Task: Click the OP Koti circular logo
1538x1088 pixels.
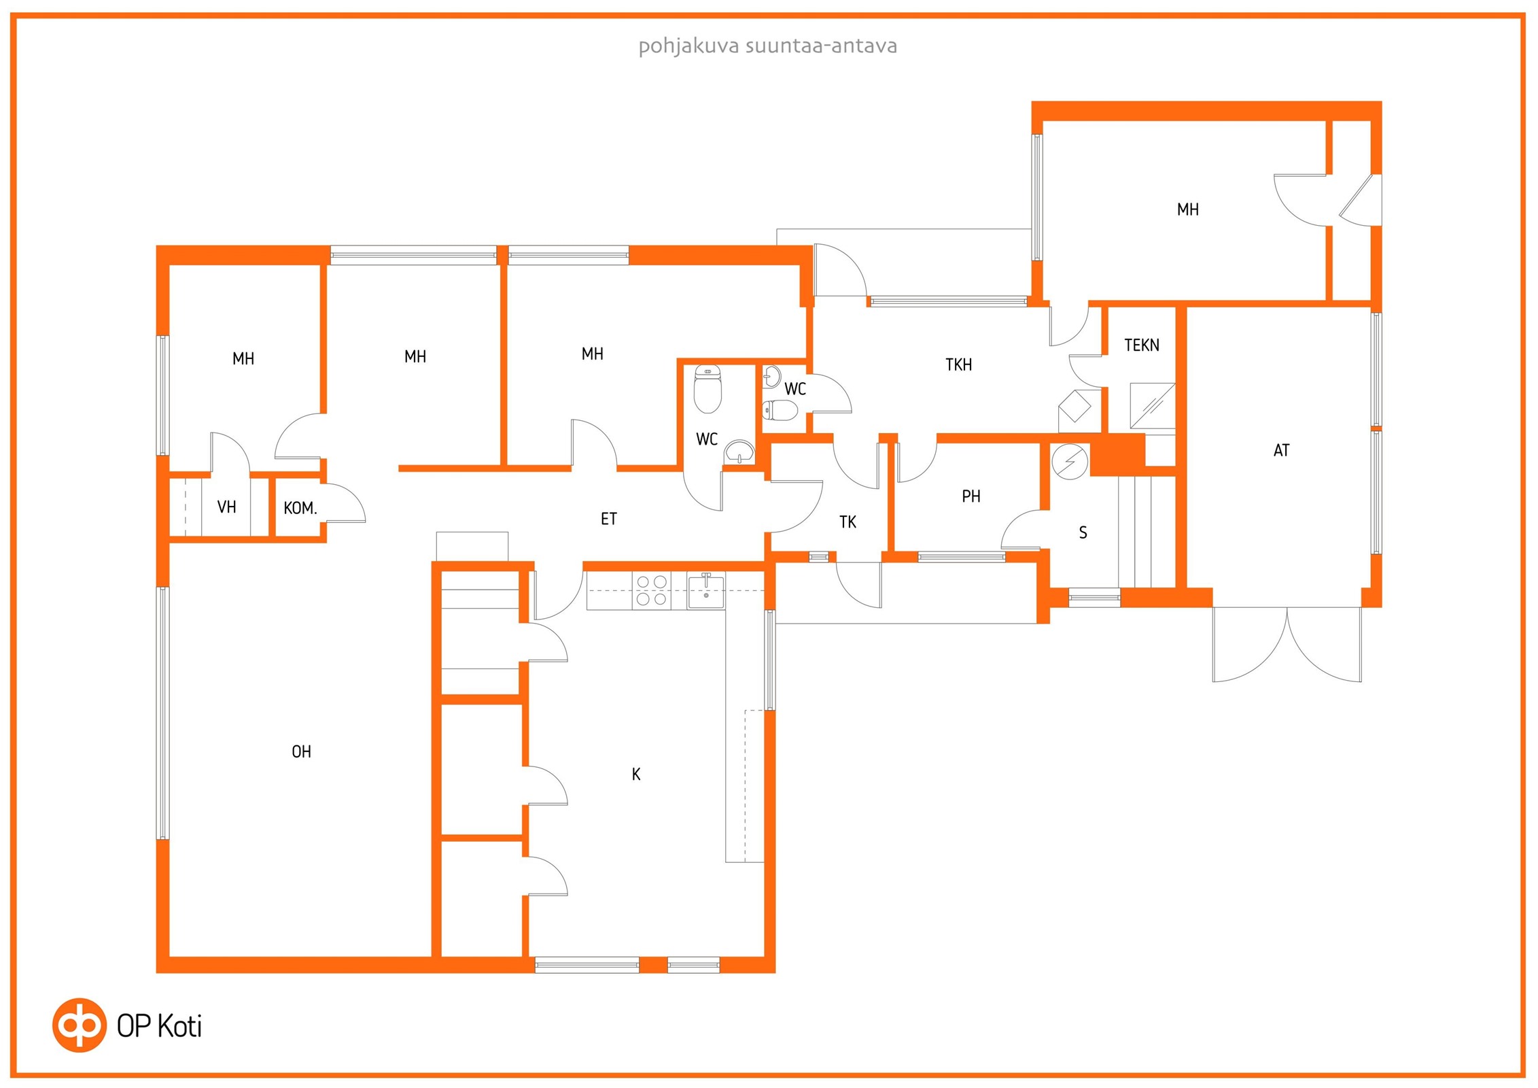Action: coord(80,1025)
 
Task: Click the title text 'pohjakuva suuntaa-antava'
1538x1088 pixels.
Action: coord(767,46)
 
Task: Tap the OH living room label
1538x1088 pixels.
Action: coord(301,751)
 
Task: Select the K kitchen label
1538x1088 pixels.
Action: coord(636,774)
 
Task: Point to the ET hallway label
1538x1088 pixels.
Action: coord(609,519)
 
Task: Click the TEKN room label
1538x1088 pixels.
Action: coord(1142,345)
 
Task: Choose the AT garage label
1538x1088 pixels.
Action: coord(1281,450)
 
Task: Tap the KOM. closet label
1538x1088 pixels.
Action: coord(300,508)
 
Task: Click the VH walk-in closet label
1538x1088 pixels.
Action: coord(226,507)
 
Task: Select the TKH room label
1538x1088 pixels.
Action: coord(958,364)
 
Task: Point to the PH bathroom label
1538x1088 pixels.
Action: coord(971,496)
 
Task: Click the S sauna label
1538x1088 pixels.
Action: coord(1083,532)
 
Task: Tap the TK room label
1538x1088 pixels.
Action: coord(847,522)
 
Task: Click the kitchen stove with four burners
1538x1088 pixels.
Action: coord(651,590)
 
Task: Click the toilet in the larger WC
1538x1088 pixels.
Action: coord(707,390)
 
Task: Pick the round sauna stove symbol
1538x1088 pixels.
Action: coord(1070,461)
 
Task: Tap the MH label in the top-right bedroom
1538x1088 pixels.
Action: coord(1188,209)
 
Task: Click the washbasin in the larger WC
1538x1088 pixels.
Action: coord(739,452)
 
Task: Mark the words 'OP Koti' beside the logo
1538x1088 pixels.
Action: coord(159,1026)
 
